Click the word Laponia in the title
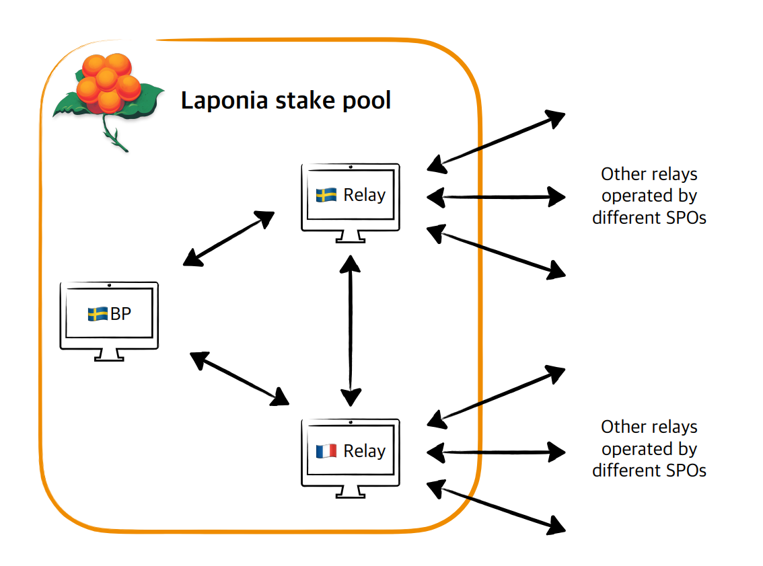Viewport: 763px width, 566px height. pyautogui.click(x=226, y=101)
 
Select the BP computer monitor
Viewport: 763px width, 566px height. pyautogui.click(x=109, y=316)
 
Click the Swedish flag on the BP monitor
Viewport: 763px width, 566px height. pyautogui.click(x=98, y=314)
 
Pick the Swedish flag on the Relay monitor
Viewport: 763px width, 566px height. pyautogui.click(x=326, y=195)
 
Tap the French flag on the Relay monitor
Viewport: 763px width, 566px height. pyautogui.click(x=326, y=451)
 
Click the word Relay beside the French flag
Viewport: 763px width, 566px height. pyautogui.click(x=364, y=451)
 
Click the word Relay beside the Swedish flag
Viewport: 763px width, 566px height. pyautogui.click(x=364, y=195)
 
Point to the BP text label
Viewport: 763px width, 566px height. pyautogui.click(x=120, y=314)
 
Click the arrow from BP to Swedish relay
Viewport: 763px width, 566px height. pyautogui.click(x=229, y=238)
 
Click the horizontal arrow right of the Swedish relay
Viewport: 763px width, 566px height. pyautogui.click(x=497, y=197)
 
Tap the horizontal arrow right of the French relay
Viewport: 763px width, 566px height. pyautogui.click(x=497, y=452)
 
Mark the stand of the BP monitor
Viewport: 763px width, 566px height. pyautogui.click(x=109, y=355)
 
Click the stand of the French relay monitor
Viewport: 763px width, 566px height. pyautogui.click(x=349, y=491)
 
